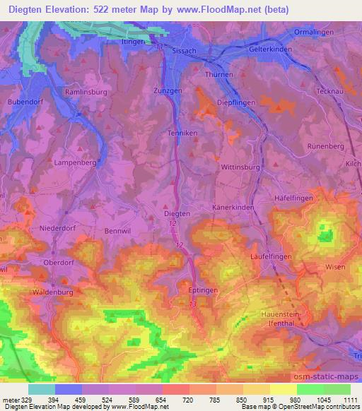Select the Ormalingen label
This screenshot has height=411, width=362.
[x=314, y=32]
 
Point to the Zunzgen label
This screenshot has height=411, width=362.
[x=168, y=92]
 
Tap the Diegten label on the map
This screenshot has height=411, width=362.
[x=177, y=213]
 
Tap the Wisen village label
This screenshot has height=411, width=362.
[x=334, y=266]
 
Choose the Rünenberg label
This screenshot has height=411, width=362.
[x=325, y=145]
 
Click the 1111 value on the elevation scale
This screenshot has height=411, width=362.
[x=351, y=400]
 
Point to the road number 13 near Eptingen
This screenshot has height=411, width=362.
[x=193, y=303]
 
